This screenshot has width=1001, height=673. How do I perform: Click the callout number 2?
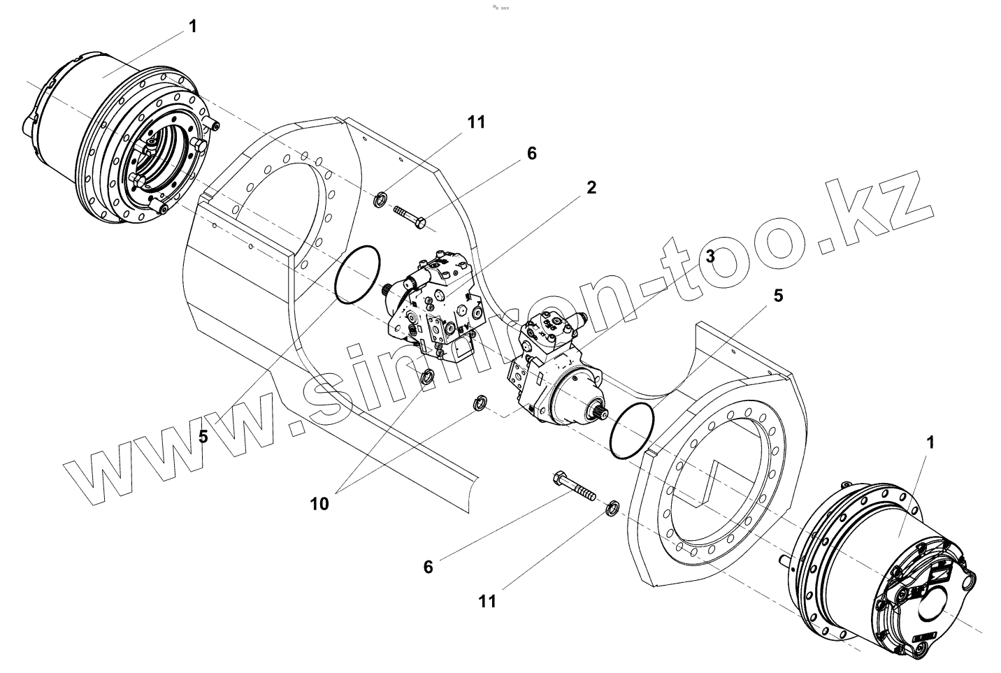(591, 187)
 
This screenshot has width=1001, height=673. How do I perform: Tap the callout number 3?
(710, 256)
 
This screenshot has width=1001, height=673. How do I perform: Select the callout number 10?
(319, 503)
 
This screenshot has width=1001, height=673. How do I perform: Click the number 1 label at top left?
(192, 27)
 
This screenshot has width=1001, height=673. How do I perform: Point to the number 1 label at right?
(930, 442)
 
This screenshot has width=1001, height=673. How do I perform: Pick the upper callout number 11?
(476, 122)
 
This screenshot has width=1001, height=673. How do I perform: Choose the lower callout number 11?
(487, 600)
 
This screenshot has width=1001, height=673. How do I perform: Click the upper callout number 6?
(532, 153)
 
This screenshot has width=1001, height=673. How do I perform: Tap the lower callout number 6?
(428, 567)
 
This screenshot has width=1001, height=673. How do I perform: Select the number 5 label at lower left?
(203, 437)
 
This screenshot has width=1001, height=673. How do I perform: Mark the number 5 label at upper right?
(778, 295)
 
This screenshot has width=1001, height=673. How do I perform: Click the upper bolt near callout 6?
(411, 216)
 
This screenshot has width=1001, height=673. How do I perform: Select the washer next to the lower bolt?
(611, 507)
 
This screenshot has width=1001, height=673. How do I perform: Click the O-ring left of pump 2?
(357, 273)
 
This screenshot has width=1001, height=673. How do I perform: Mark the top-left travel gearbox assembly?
(119, 140)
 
